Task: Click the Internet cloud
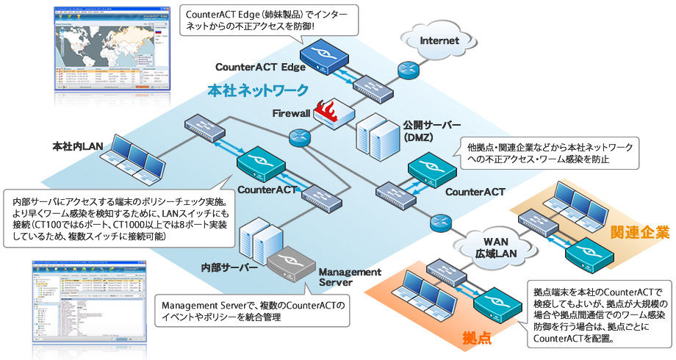(439, 40)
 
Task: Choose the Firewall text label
(291, 114)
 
